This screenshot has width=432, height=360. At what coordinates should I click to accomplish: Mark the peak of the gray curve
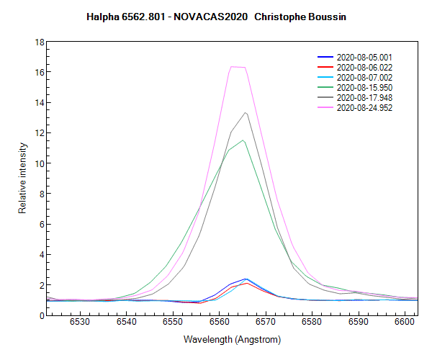point(246,112)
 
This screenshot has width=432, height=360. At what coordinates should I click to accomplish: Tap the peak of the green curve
point(244,140)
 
